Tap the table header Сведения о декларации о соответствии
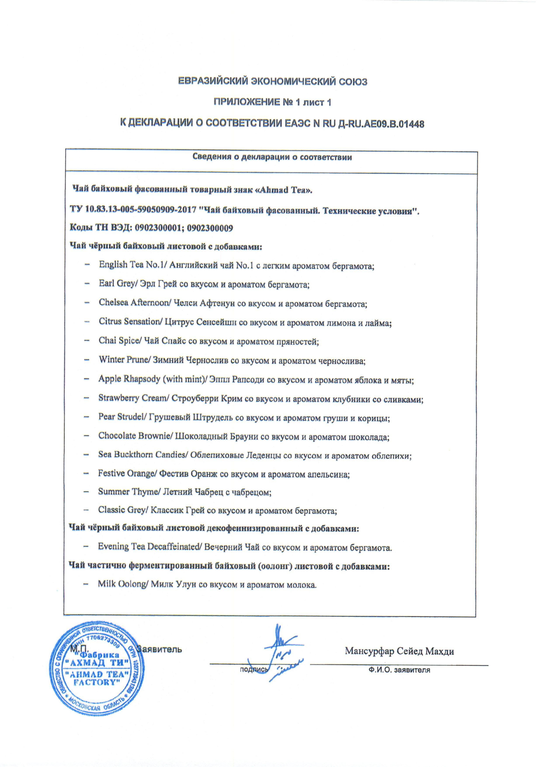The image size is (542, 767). pos(272,157)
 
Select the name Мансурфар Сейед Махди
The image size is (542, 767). pos(400,651)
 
